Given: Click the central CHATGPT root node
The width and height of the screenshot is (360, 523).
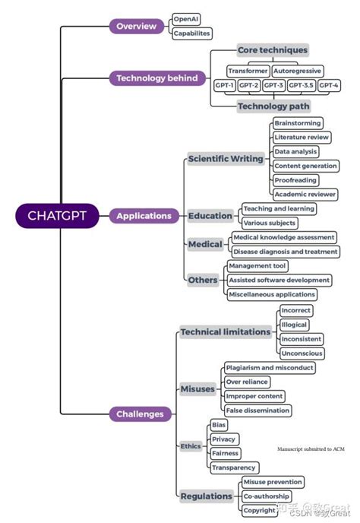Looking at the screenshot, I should coord(57,216).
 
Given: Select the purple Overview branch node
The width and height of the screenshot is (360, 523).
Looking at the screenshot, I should coord(136,26).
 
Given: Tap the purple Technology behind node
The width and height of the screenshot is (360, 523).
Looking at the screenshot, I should coord(157,78).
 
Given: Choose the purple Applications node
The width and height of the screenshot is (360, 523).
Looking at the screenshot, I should coord(144,216).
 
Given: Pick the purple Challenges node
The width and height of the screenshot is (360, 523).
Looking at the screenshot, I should coord(140,414).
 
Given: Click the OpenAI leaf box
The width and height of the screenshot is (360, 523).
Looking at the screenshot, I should coord(186,18).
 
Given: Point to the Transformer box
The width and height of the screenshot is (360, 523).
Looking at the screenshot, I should coord(248,70).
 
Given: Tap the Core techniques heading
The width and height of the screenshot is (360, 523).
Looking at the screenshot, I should coord(273,50).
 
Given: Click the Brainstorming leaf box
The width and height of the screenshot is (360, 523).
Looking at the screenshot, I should coord(298,122).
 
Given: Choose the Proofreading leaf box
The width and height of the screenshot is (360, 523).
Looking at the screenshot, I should coord(296,180).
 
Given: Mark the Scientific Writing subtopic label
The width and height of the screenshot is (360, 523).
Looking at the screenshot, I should coord(226,159).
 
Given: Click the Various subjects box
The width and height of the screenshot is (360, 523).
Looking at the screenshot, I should coord(269,223).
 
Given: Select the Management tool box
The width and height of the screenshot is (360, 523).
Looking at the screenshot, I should coord(257,265).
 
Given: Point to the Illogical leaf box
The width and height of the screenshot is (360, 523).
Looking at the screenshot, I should coord(294,325).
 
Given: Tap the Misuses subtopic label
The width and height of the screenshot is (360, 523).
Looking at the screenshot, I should coord(197,389).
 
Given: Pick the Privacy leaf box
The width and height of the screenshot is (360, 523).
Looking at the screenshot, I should coord(224,439).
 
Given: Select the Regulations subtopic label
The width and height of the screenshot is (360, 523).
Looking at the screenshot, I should coord(207,496).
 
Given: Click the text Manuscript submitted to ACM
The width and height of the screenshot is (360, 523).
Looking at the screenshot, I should coord(311,449).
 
